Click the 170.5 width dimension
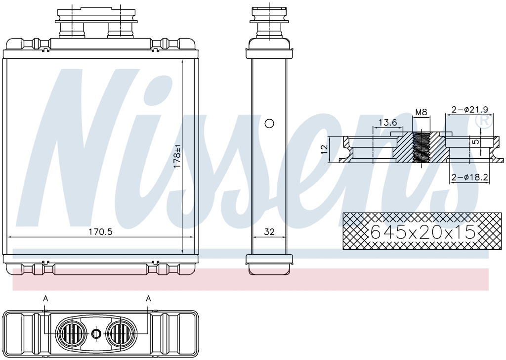click(100, 232)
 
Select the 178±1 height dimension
click(177, 156)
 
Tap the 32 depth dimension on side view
click(269, 231)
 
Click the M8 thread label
click(421, 112)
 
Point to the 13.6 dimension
click(387, 122)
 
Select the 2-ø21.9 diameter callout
click(470, 109)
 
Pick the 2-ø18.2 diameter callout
click(469, 177)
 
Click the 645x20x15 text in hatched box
click(423, 231)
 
